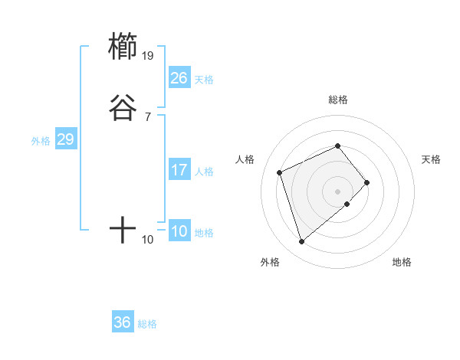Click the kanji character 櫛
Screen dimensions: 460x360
123,46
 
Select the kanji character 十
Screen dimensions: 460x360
123,230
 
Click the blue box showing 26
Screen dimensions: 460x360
179,78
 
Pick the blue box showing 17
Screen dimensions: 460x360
179,170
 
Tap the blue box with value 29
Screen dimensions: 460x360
65,139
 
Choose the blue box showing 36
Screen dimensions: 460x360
123,322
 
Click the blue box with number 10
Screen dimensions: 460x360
179,231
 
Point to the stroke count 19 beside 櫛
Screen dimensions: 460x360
149,55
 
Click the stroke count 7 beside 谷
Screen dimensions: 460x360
147,116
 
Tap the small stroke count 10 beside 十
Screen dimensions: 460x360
148,240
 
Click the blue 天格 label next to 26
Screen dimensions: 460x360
204,80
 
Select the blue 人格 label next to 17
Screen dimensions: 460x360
204,172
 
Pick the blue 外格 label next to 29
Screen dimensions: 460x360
41,141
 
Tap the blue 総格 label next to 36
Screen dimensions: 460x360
147,324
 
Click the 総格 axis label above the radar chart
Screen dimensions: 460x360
337,100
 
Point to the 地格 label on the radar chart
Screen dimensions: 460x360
402,263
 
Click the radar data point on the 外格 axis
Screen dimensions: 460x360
302,241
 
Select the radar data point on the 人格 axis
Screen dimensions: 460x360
280,172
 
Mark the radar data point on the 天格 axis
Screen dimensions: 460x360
367,182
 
